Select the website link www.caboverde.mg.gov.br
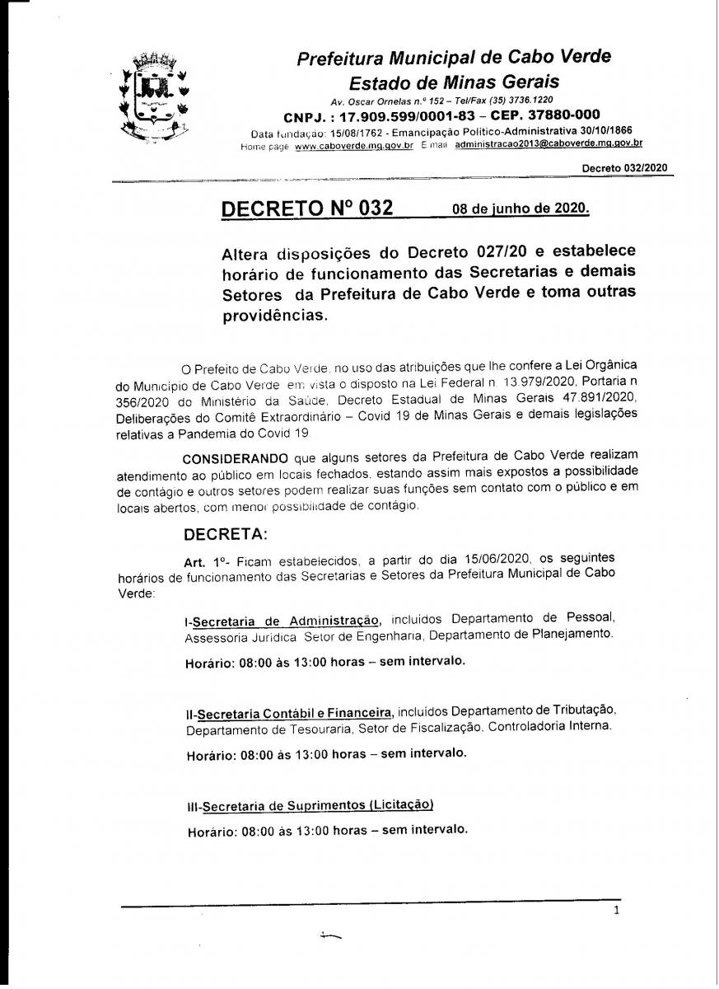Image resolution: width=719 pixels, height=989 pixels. tap(353, 145)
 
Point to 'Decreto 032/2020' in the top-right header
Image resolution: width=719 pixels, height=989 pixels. tap(624, 167)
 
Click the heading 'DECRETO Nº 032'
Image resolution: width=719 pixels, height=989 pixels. tap(307, 208)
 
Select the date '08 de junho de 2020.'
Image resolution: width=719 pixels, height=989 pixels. tap(521, 209)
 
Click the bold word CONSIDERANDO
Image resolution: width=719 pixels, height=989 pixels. tap(235, 457)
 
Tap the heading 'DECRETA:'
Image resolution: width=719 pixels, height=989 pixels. tap(226, 534)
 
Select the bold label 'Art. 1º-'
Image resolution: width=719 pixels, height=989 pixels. tap(204, 561)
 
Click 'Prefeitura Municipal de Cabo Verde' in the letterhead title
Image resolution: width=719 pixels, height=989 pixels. tap(454, 58)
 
